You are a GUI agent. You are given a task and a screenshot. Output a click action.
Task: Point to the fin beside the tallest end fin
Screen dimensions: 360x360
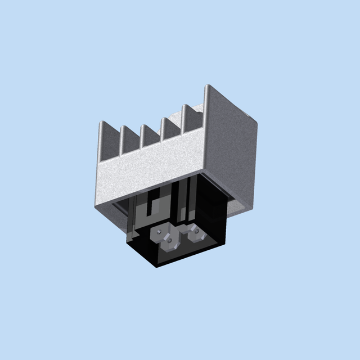186,118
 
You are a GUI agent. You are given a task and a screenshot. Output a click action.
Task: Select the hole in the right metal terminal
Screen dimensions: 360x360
196,229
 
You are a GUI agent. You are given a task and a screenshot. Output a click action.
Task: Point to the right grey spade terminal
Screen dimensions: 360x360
197,233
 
